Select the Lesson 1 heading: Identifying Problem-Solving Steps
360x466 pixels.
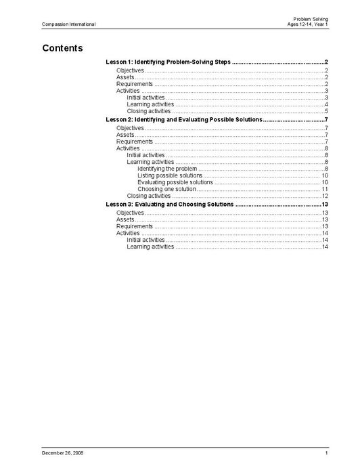(168, 62)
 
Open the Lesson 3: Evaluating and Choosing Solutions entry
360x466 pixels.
(170, 204)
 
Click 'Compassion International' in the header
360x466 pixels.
(68, 24)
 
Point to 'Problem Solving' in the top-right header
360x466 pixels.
(311, 18)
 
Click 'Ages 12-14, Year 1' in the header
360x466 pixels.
(308, 24)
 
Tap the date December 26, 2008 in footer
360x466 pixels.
(62, 452)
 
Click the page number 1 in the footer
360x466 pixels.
(326, 452)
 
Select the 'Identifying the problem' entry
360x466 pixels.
(167, 169)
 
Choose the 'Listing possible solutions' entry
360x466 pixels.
(169, 175)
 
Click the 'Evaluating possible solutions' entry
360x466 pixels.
(175, 182)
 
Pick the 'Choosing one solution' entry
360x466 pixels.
(166, 189)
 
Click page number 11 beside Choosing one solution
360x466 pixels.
(325, 189)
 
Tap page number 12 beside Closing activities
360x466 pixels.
(325, 196)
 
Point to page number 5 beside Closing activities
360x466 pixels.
(326, 111)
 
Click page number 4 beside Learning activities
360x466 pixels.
(326, 104)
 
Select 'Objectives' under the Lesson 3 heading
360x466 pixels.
(130, 213)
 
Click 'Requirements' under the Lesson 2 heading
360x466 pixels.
(135, 142)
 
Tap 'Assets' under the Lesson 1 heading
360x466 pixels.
(125, 77)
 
